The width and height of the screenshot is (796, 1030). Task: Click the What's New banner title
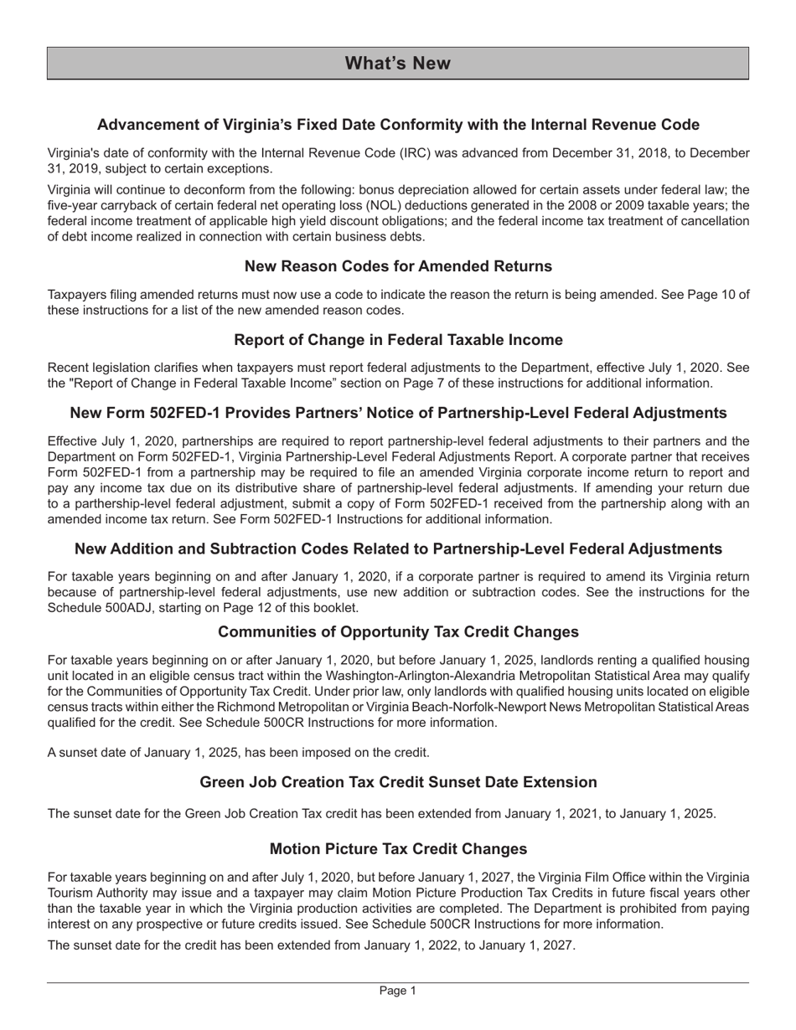click(398, 64)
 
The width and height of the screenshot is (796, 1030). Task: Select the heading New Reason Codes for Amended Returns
click(398, 266)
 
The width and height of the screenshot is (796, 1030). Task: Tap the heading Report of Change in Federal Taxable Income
click(398, 340)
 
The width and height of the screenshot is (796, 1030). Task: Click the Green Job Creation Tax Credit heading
click(398, 782)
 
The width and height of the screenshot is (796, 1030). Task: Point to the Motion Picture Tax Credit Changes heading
click(398, 849)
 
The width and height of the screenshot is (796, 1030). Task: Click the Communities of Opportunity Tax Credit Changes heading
click(398, 631)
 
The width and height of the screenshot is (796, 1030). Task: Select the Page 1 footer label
click(398, 991)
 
